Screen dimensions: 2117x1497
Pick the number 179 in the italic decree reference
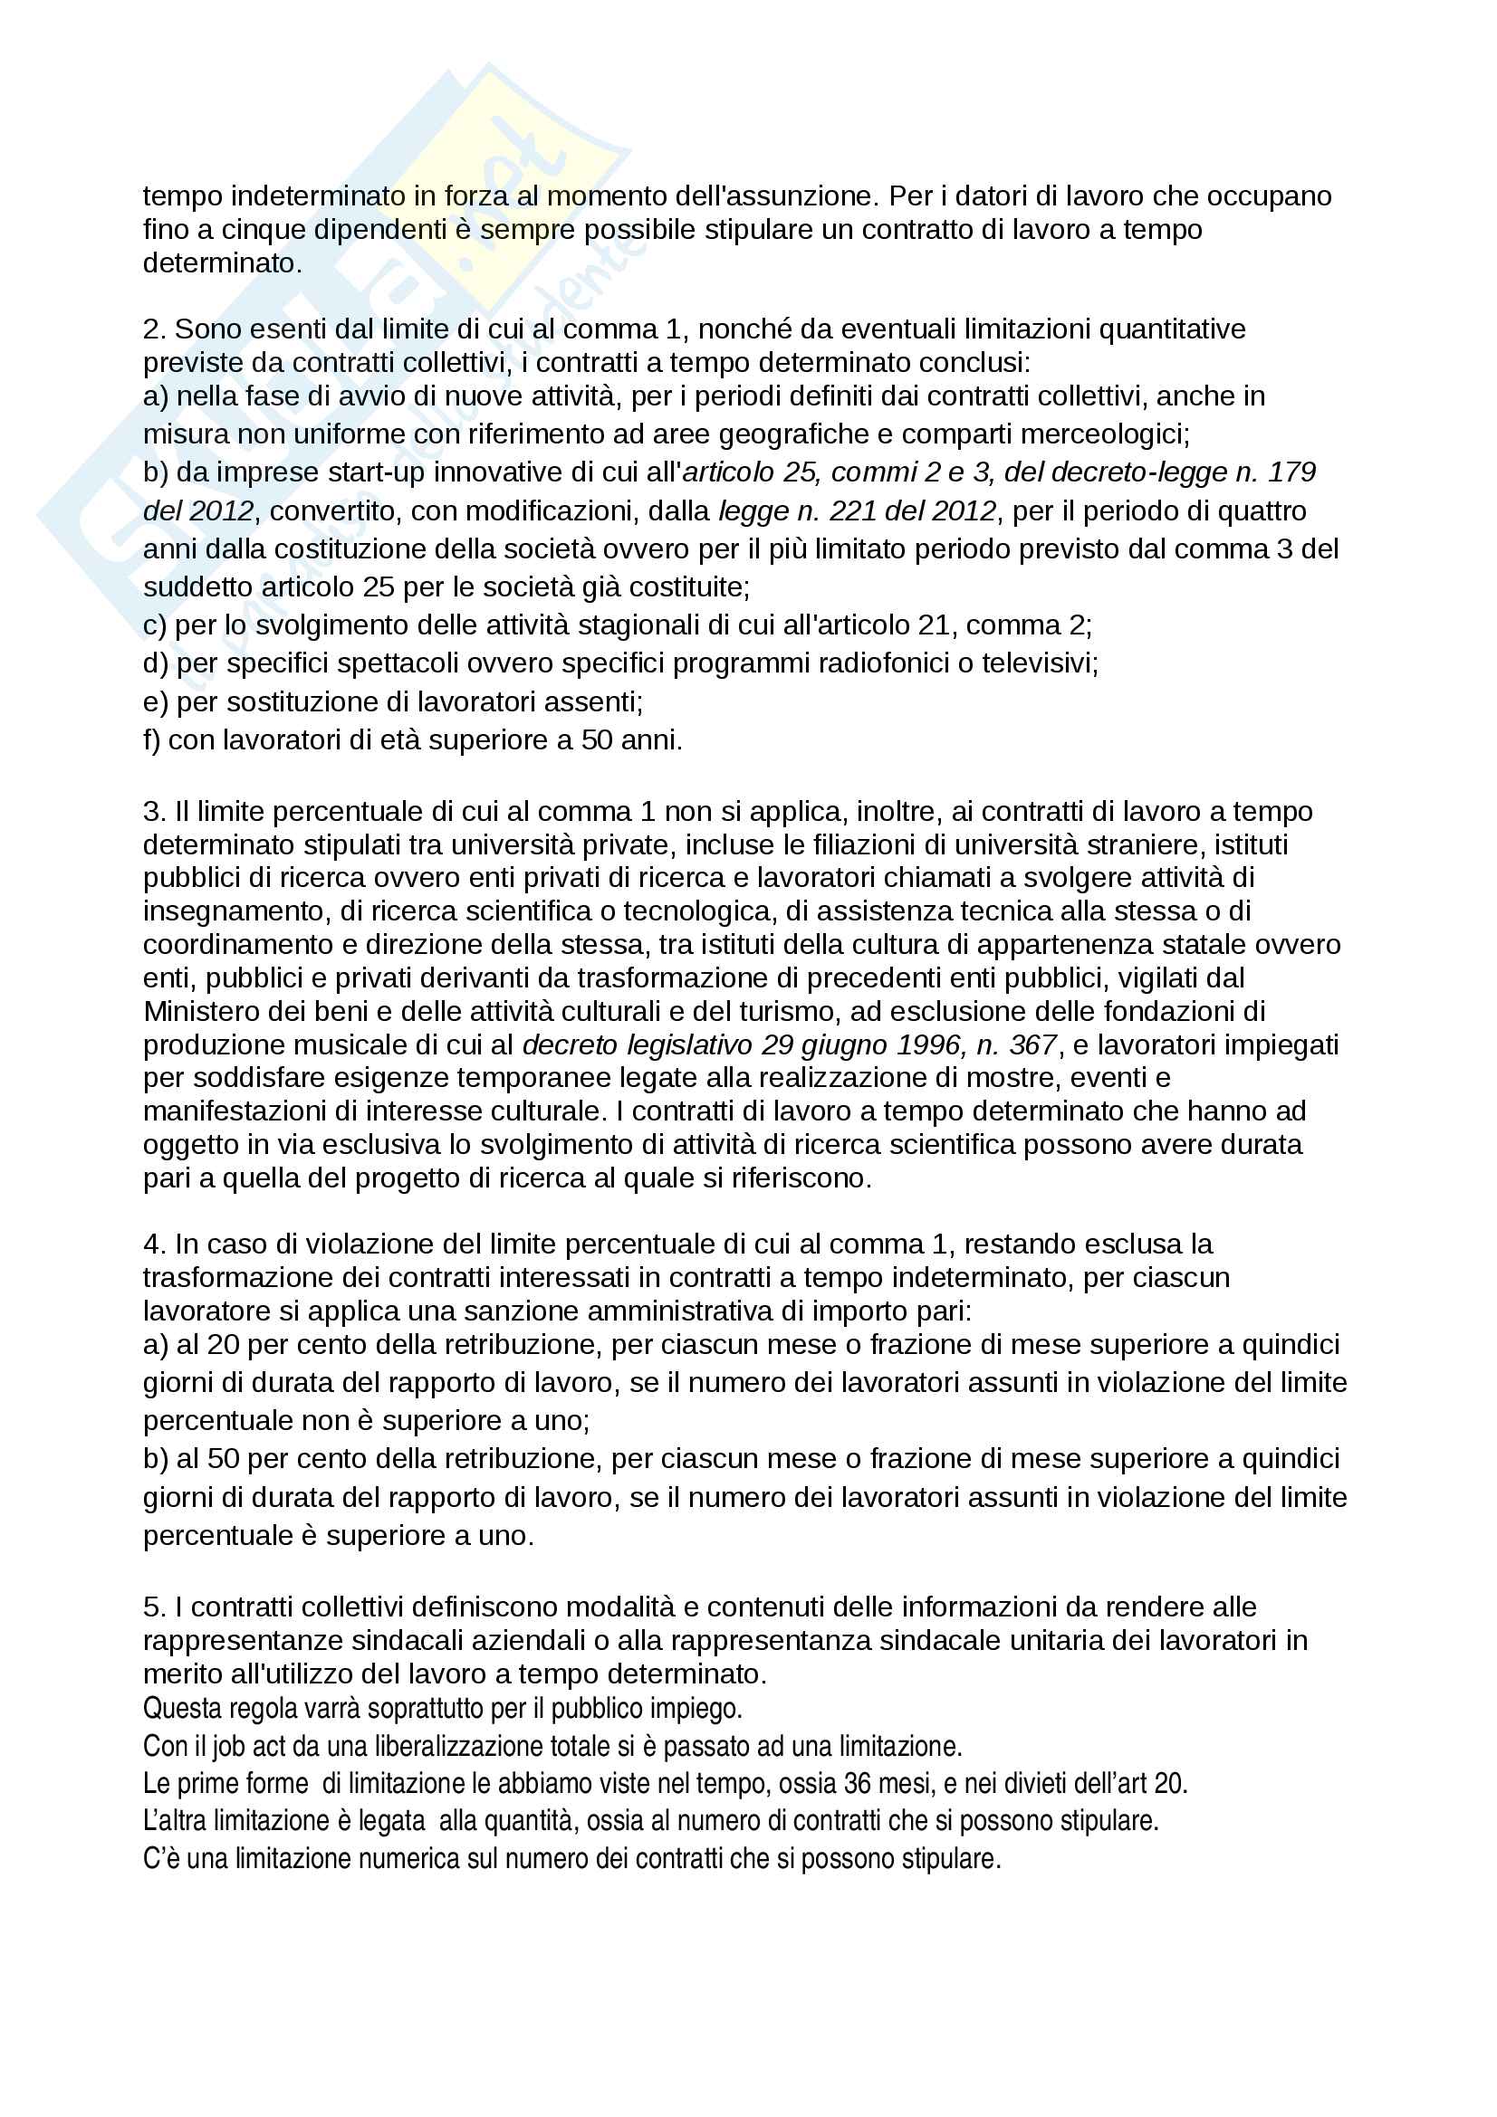1291,472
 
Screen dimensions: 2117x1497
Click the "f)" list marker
152,739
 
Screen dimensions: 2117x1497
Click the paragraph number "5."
154,1607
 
